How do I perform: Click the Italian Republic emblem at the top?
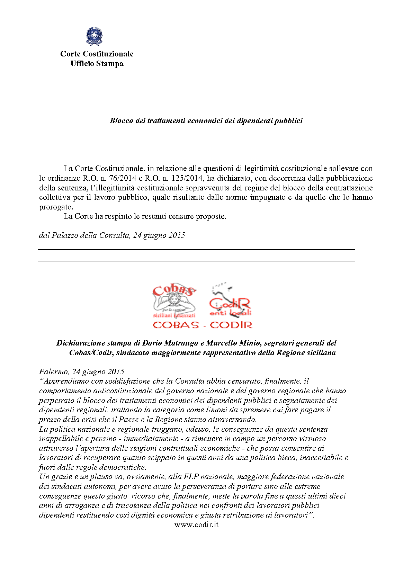[x=94, y=36]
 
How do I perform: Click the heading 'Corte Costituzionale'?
[x=97, y=54]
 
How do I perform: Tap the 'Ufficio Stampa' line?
[x=97, y=64]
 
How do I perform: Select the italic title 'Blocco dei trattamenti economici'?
[x=206, y=121]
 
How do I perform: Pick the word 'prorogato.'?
[x=56, y=207]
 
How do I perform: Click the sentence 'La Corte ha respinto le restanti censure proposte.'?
[x=145, y=216]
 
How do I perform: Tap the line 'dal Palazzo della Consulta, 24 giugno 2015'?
[x=112, y=235]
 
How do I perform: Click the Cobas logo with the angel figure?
[x=174, y=301]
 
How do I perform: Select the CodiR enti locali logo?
[x=230, y=301]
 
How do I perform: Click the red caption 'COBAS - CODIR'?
[x=203, y=325]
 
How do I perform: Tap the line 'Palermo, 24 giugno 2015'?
[x=81, y=372]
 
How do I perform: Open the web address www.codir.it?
[x=196, y=525]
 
